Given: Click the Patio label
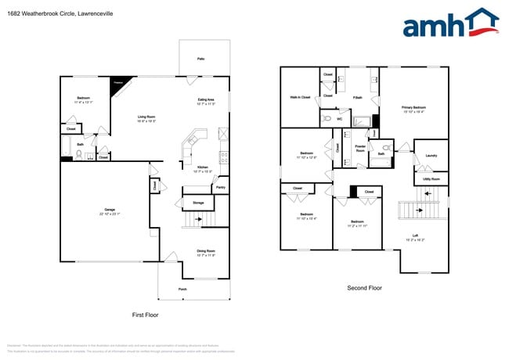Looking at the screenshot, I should click(x=200, y=59).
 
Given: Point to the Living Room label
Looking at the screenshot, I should click(x=146, y=117).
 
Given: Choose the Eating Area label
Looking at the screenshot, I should click(x=206, y=100).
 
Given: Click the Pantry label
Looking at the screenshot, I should click(x=221, y=188).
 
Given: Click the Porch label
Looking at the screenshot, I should click(x=182, y=290).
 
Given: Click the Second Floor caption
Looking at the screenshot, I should click(x=364, y=288).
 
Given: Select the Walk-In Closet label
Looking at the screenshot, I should click(x=300, y=98).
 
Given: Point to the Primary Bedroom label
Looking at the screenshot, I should click(x=413, y=107).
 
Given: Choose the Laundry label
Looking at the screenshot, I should click(x=431, y=156).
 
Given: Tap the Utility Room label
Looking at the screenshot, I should click(x=431, y=179).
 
